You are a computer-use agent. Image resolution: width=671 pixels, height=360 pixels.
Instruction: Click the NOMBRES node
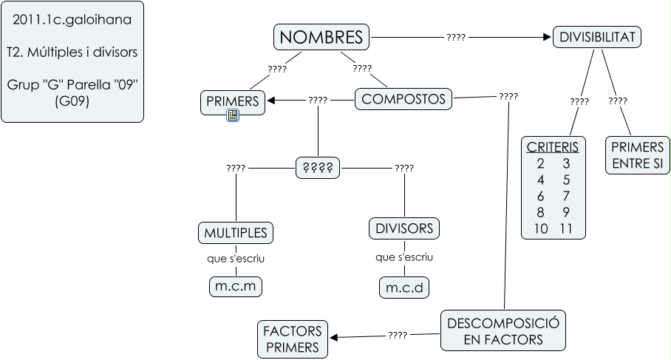322,36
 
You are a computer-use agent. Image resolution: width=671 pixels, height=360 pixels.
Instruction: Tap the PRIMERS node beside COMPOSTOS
232,102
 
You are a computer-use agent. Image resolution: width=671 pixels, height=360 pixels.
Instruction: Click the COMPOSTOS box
404,99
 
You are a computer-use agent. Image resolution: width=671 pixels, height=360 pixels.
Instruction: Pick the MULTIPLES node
236,233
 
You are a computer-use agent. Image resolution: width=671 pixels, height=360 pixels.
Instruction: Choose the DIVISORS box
404,228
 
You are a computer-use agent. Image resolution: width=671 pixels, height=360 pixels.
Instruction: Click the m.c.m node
236,286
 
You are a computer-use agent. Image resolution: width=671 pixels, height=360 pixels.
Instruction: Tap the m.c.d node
404,288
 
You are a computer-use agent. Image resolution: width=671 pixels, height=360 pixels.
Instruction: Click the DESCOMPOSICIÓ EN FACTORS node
504,330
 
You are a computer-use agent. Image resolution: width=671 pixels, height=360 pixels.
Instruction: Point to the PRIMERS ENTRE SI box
637,155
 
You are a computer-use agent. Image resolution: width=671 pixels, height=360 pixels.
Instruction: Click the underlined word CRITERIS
553,146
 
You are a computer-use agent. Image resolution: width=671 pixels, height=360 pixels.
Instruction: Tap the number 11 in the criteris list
566,228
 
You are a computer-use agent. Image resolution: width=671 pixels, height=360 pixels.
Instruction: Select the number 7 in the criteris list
566,195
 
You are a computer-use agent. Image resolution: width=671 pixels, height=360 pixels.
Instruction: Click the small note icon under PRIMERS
232,115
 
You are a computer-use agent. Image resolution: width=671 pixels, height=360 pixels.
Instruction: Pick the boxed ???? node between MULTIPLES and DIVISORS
318,167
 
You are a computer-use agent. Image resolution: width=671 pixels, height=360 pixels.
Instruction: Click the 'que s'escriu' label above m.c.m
236,259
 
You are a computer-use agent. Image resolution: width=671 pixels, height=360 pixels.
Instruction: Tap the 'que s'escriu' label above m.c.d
404,257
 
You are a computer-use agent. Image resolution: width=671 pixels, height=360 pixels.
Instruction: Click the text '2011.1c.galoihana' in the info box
72,20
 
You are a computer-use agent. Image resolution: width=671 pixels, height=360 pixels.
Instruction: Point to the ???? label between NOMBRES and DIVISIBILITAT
456,36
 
